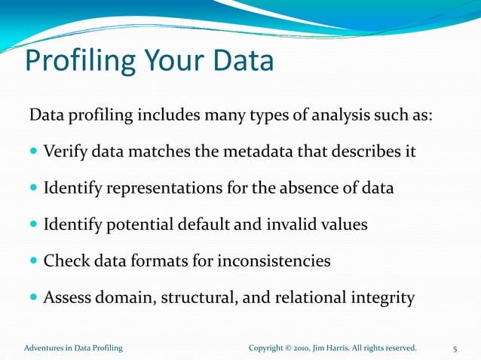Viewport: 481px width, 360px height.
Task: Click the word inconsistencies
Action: (274, 261)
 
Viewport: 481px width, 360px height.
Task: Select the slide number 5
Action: (455, 349)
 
